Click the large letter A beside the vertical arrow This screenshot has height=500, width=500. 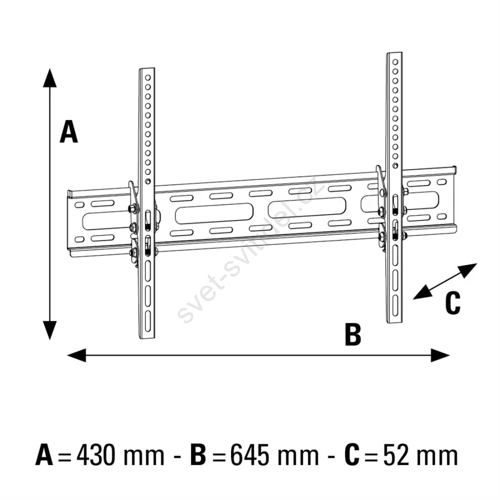(x=69, y=131)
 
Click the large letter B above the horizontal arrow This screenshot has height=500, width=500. (x=353, y=334)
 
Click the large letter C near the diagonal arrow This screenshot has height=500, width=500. (x=453, y=303)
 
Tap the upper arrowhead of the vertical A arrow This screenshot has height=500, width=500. (x=50, y=78)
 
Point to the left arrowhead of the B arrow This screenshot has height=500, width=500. (x=77, y=355)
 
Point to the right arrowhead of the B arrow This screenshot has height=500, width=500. (x=441, y=355)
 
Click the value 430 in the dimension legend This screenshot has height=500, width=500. (x=96, y=455)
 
